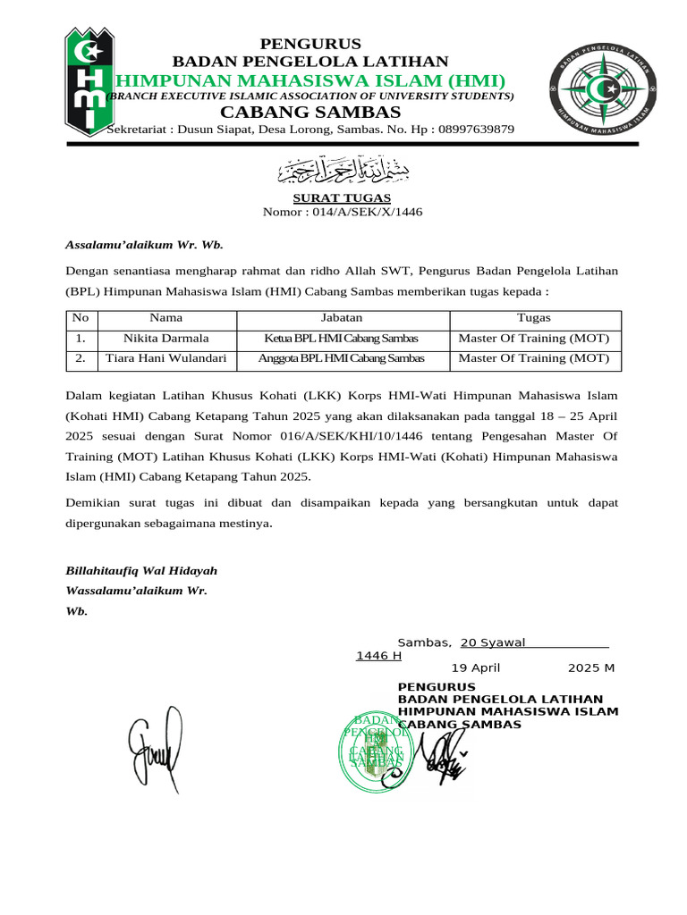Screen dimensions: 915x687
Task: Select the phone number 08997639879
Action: pos(471,130)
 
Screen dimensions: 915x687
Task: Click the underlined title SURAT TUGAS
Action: pos(343,197)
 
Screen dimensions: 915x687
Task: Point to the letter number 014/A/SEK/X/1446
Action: pos(368,213)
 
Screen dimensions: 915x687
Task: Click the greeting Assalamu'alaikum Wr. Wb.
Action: pos(144,245)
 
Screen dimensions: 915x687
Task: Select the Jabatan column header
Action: pos(342,317)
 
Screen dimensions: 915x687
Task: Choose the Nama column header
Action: pos(165,317)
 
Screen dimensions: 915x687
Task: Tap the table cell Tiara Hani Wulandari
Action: pos(165,359)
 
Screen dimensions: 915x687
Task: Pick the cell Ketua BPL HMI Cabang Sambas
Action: pos(342,339)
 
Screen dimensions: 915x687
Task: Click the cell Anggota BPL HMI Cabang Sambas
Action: pos(342,359)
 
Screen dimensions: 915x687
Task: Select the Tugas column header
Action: pos(534,317)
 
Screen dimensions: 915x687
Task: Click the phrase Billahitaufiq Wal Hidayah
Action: pos(141,571)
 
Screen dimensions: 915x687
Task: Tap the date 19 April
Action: pos(475,668)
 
